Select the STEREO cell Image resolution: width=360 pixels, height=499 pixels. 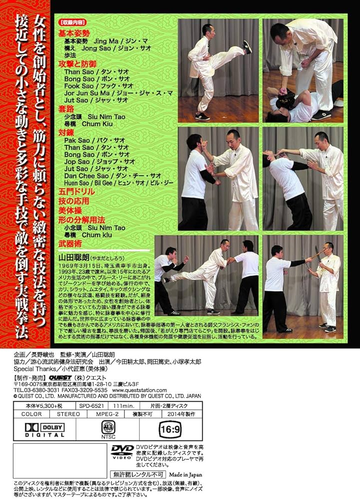(67, 414)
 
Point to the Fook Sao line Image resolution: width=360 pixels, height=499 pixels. (96, 86)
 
